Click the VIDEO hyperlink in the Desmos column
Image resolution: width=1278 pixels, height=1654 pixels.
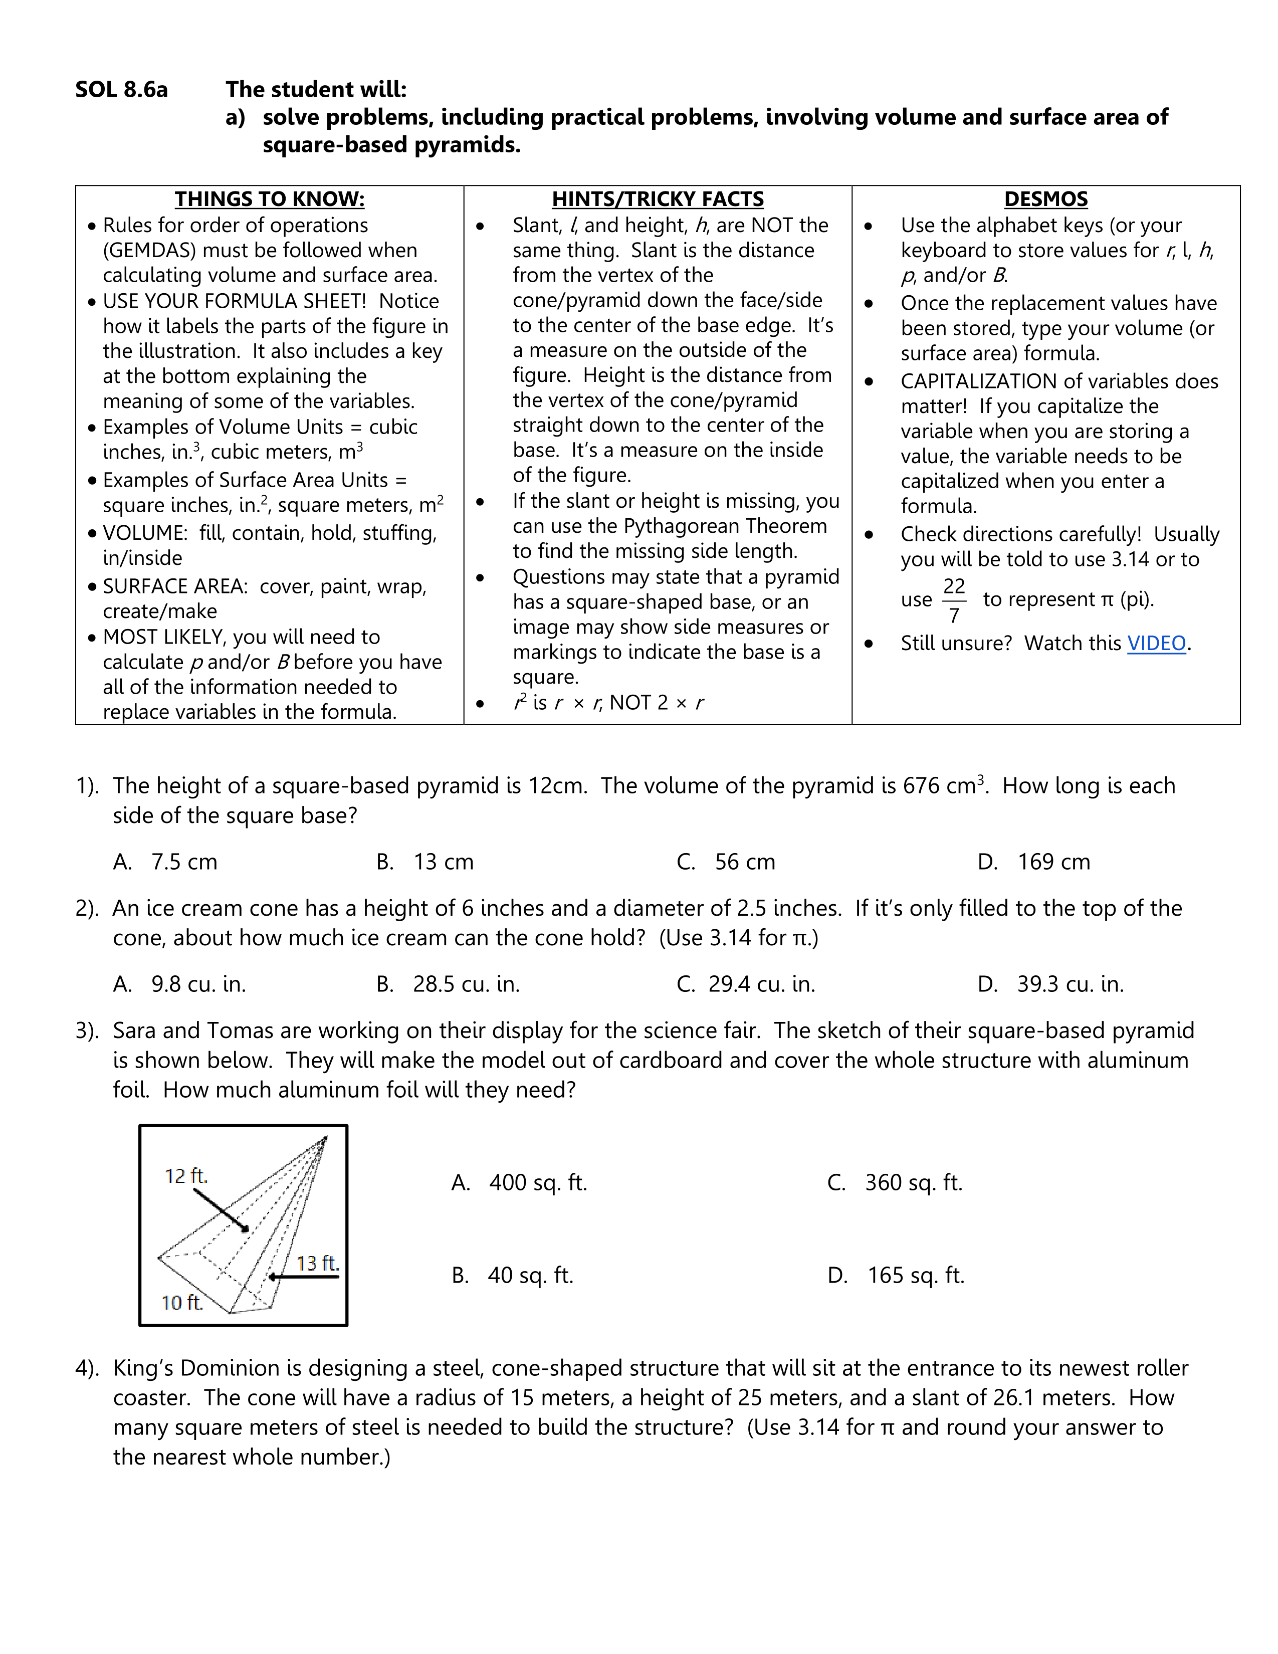[x=1156, y=643]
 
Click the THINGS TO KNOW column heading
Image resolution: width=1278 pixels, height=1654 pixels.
[x=270, y=199]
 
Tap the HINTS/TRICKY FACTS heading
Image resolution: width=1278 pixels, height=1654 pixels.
[x=657, y=199]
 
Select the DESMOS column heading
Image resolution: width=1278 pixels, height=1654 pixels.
[x=1045, y=199]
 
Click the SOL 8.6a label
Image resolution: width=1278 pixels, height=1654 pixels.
[x=121, y=89]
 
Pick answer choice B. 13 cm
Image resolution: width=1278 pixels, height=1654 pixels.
[x=425, y=862]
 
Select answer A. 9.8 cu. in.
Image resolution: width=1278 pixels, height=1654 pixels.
[x=179, y=984]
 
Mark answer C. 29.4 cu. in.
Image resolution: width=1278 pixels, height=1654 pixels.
[x=746, y=984]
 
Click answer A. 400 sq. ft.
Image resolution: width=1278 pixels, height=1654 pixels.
[x=519, y=1182]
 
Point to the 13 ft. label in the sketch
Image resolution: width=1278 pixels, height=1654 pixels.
[x=317, y=1263]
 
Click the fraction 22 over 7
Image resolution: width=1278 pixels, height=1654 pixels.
[x=954, y=600]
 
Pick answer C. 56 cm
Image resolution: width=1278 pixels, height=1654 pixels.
[x=726, y=862]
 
